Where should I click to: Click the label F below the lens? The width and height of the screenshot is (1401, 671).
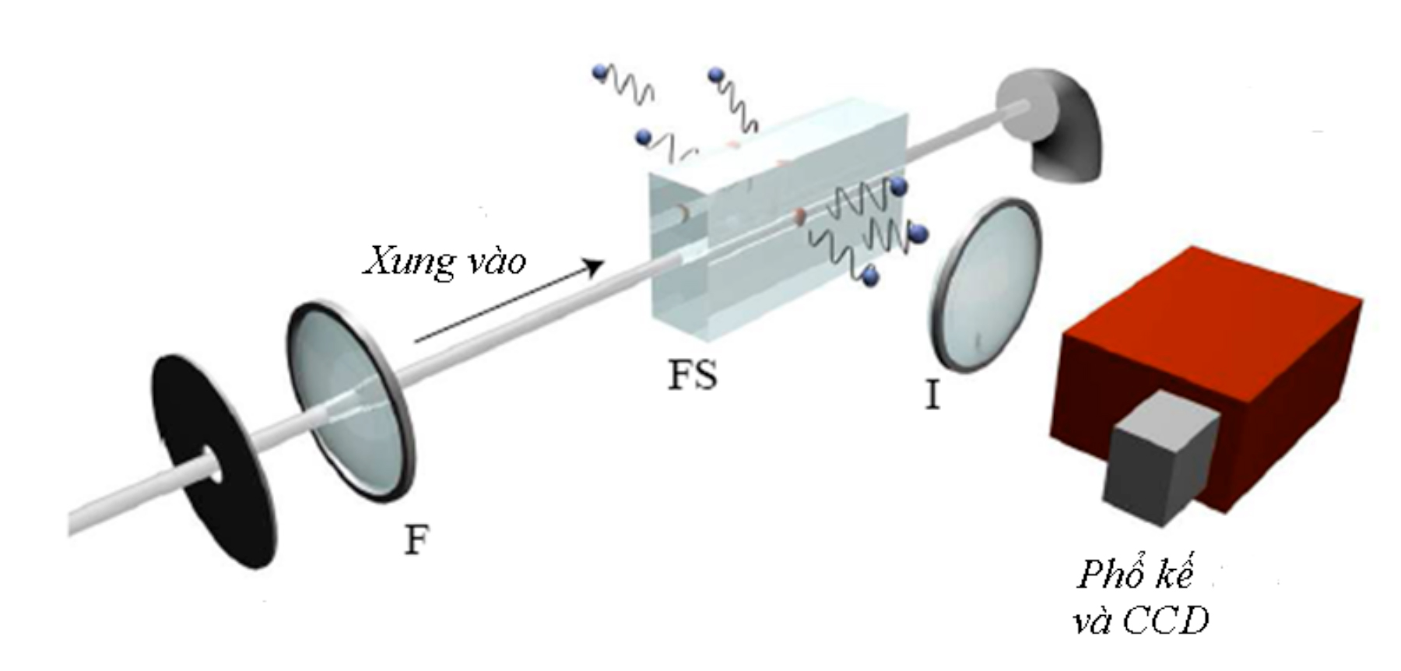pyautogui.click(x=416, y=540)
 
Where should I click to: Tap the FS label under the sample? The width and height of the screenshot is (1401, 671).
pyautogui.click(x=692, y=377)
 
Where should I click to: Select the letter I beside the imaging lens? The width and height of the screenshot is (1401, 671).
pyautogui.click(x=932, y=396)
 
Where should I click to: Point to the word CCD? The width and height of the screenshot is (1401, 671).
pyautogui.click(x=1164, y=622)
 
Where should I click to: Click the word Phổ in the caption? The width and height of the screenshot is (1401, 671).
pyautogui.click(x=1108, y=576)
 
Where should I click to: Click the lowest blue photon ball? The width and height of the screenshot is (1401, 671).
pyautogui.click(x=871, y=274)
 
